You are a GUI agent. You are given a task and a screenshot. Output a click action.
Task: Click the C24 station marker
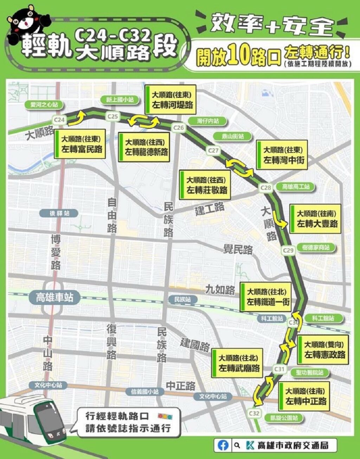(x=59, y=120)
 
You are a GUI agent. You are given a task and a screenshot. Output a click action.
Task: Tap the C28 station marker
(x=266, y=187)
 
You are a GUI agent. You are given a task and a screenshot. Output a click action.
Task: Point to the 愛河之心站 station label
(x=44, y=104)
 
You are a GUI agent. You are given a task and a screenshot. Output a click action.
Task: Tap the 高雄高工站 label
(x=296, y=187)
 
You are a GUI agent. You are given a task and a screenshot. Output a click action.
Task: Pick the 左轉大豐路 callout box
(x=315, y=219)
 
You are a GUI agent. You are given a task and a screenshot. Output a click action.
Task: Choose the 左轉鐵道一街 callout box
(x=266, y=297)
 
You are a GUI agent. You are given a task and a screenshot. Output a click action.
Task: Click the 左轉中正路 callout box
(x=304, y=396)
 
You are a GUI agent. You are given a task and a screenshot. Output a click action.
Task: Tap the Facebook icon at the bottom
(x=223, y=445)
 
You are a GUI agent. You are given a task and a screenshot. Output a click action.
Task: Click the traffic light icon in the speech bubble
(x=165, y=416)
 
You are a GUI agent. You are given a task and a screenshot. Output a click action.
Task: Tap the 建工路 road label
(x=210, y=209)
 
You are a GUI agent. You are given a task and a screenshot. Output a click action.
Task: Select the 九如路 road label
(x=220, y=290)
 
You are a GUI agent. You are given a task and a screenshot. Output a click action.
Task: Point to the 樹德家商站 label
(x=316, y=248)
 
